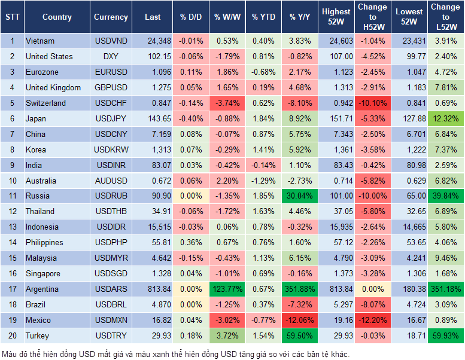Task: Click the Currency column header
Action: (x=111, y=17)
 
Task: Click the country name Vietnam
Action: (x=40, y=41)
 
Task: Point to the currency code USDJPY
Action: (x=111, y=118)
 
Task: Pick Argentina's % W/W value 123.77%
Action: (x=229, y=289)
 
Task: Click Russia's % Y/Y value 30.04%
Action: (x=299, y=196)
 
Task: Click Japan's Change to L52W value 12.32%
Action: (x=445, y=118)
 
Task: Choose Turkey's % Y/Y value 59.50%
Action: (x=299, y=336)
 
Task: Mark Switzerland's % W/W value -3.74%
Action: (x=229, y=103)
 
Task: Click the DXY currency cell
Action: (x=111, y=56)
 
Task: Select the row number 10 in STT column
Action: (x=11, y=181)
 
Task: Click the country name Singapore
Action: (x=43, y=274)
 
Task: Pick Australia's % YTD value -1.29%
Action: (x=263, y=181)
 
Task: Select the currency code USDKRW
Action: (x=111, y=150)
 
